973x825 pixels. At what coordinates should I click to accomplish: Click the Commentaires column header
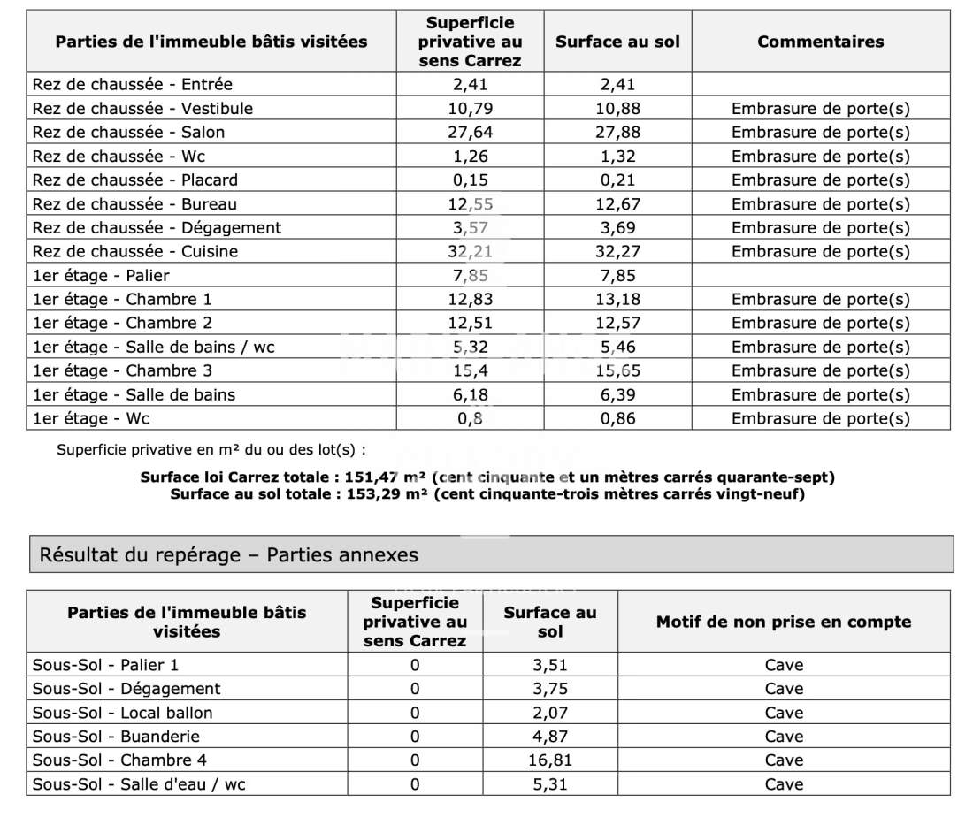coord(820,42)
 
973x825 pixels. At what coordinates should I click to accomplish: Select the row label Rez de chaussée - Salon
coord(128,133)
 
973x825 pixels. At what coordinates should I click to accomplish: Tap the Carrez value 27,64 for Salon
coord(470,133)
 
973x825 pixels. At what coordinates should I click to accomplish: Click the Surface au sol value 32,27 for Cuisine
coord(617,251)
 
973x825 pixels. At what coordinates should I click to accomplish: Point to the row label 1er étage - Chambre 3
coord(122,370)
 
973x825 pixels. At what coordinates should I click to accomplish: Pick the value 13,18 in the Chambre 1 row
coord(617,299)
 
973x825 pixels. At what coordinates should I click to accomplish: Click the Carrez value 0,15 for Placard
coord(470,180)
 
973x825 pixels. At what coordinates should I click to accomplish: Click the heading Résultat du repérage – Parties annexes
coord(229,555)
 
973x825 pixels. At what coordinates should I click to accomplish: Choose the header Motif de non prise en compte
coord(783,623)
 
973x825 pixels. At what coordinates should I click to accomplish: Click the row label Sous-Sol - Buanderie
coord(116,737)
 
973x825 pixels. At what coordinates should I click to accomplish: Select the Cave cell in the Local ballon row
coord(784,713)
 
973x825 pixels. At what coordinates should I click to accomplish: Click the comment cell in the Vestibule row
coord(820,109)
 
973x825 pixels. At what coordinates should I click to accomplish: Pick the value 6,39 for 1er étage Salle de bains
coord(617,394)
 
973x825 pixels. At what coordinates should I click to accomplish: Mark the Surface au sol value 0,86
coord(617,418)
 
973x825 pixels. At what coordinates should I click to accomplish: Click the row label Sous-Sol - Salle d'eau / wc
coord(139,784)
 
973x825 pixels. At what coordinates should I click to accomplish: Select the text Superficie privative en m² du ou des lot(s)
coord(211,449)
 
